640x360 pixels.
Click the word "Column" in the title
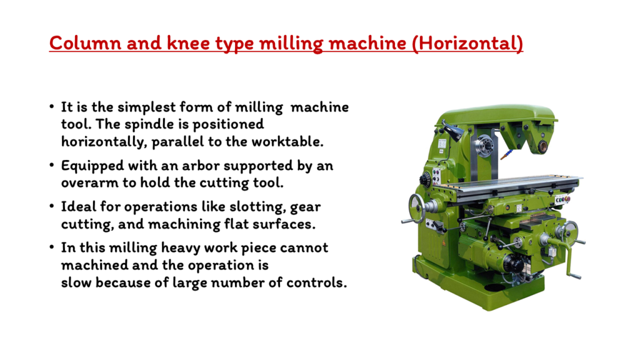tap(85, 43)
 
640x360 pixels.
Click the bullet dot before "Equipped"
tap(51, 165)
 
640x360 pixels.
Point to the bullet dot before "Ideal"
tap(51, 206)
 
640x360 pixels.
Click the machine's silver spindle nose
tap(484, 146)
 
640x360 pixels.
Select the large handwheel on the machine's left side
tap(417, 207)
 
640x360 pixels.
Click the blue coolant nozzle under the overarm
tap(507, 154)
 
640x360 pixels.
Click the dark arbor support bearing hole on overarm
tap(542, 147)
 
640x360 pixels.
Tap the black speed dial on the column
tap(425, 180)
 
